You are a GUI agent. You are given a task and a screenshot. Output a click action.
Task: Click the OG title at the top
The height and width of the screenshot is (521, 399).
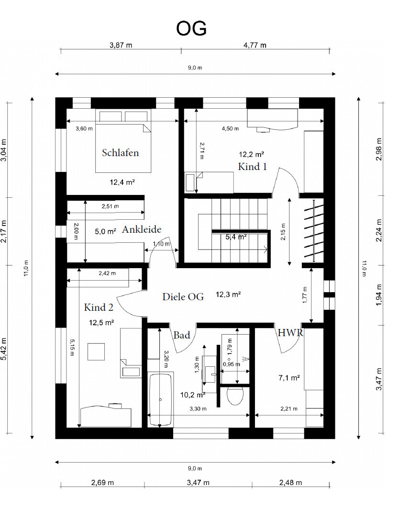191,29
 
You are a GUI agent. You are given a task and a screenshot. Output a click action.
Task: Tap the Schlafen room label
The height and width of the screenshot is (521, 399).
120,153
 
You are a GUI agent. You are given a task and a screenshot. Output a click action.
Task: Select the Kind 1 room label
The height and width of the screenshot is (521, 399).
252,167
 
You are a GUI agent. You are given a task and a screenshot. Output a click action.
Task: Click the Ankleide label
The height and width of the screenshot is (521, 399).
142,229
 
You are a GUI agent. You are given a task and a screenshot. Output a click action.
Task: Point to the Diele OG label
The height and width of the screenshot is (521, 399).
183,297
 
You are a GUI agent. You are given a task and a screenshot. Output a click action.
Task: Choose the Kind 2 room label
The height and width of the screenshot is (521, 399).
99,307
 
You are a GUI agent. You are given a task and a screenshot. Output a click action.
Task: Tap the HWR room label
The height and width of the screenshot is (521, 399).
290,333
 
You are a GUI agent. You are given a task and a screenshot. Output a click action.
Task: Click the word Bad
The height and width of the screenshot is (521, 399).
182,335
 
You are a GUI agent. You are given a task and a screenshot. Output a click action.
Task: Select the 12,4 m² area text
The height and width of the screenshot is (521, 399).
122,182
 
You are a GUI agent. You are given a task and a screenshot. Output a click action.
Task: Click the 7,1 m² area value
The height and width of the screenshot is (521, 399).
289,378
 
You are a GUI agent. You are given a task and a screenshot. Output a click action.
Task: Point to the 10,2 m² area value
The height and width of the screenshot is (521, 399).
192,395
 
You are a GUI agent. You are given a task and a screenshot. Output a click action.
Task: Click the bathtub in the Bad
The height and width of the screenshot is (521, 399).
160,399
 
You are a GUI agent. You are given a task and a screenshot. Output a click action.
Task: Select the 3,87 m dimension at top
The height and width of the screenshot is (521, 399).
121,45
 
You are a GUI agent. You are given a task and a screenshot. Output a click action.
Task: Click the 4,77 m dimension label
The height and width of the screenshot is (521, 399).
255,45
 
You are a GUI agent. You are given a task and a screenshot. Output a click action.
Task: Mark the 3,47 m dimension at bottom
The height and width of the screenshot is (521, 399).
198,483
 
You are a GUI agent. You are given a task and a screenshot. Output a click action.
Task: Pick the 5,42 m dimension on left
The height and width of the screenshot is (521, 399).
4,349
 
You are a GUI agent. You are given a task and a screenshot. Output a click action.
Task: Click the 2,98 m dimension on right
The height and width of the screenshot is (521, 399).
379,149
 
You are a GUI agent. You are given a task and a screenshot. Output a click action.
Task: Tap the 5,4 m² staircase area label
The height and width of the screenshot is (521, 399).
236,237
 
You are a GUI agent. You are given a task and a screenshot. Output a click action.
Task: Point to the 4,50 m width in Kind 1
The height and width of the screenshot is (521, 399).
231,129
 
